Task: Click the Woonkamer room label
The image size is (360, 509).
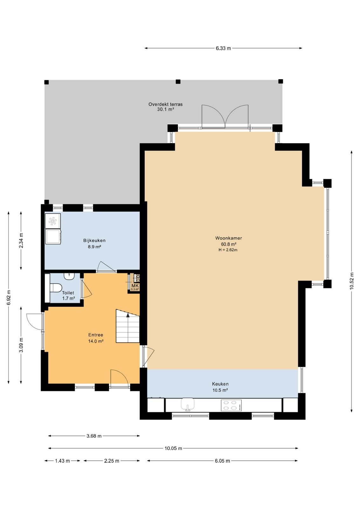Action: (x=228, y=238)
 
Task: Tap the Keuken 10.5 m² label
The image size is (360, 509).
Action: (x=220, y=387)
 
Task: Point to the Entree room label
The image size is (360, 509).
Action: (x=96, y=335)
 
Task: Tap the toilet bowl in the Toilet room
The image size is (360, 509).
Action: (x=56, y=288)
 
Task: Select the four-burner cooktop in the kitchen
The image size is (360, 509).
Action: (x=231, y=405)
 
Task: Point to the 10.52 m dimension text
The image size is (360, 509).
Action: (x=352, y=281)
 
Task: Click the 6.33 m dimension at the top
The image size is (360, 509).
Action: (x=223, y=48)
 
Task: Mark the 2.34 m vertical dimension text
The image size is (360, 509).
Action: (x=21, y=241)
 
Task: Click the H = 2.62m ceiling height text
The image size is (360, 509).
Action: (x=228, y=250)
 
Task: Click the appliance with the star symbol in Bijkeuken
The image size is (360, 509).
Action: (x=53, y=221)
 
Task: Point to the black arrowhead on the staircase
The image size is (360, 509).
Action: (x=128, y=315)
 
